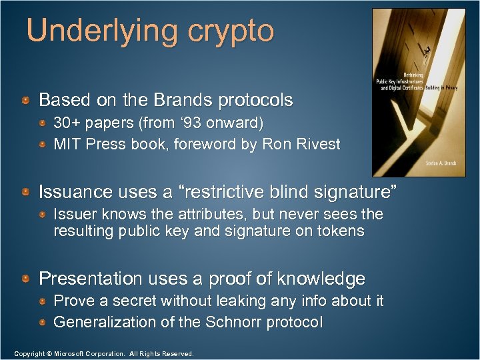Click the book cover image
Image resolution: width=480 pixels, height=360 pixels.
click(419, 93)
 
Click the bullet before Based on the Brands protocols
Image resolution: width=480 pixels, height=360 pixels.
click(25, 101)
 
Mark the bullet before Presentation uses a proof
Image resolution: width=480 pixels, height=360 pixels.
click(25, 278)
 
